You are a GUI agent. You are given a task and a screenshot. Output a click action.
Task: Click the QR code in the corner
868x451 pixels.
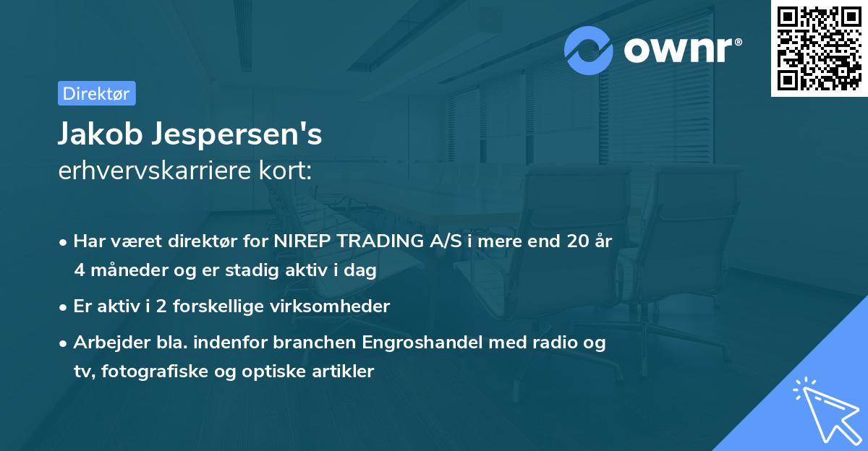(818, 48)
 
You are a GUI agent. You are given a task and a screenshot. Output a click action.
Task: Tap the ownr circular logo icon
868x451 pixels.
(589, 51)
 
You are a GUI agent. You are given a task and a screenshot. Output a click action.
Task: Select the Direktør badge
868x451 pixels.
(96, 93)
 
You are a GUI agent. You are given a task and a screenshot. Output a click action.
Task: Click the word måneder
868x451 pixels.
(124, 270)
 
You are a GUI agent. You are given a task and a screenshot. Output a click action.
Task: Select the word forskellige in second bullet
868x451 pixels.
(226, 306)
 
